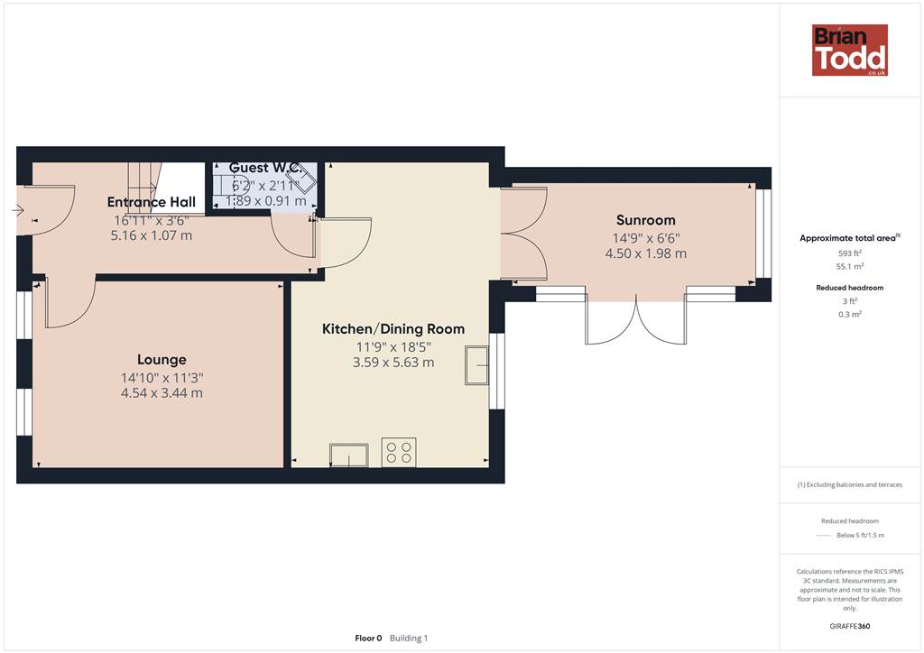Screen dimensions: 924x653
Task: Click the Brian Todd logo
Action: click(x=850, y=50)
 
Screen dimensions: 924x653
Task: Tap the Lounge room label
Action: click(x=162, y=360)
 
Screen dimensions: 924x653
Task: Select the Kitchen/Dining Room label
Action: click(x=393, y=329)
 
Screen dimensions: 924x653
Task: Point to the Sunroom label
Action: click(x=646, y=220)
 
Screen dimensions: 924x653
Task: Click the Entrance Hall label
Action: click(x=152, y=202)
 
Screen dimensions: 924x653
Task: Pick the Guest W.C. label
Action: click(x=266, y=168)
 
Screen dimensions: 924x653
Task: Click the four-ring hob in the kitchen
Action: click(x=399, y=452)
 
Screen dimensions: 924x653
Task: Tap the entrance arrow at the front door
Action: click(x=17, y=210)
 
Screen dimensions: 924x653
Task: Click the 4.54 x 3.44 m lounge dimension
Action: click(x=162, y=392)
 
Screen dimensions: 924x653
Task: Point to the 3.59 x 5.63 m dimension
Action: click(x=393, y=362)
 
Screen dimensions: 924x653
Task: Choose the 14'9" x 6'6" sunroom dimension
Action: click(x=646, y=238)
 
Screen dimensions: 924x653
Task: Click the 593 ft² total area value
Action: click(x=850, y=253)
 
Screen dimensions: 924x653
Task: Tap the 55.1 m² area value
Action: click(x=850, y=267)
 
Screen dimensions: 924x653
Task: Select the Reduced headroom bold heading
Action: click(x=850, y=288)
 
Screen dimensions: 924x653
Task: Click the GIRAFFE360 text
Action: click(x=850, y=626)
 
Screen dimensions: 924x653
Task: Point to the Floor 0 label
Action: click(x=368, y=639)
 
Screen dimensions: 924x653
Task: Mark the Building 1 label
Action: click(x=409, y=639)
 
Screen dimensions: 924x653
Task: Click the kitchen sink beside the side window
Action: click(x=476, y=365)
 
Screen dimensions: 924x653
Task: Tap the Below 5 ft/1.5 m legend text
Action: click(x=860, y=535)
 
